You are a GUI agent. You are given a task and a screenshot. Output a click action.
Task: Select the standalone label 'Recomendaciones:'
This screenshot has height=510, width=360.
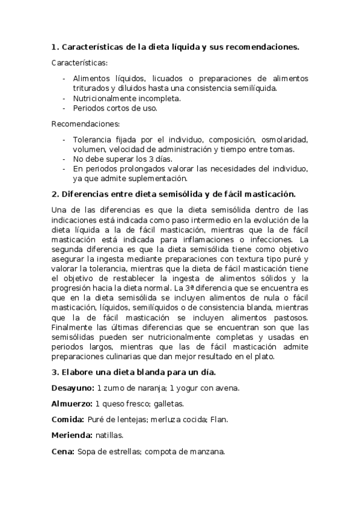[85, 124]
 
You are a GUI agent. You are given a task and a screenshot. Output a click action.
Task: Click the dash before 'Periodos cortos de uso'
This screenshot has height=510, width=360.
[64, 108]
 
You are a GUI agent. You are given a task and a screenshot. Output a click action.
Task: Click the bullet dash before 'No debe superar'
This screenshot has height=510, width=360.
[64, 159]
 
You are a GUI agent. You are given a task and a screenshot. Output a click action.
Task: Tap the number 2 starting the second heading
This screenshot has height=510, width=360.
[55, 194]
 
